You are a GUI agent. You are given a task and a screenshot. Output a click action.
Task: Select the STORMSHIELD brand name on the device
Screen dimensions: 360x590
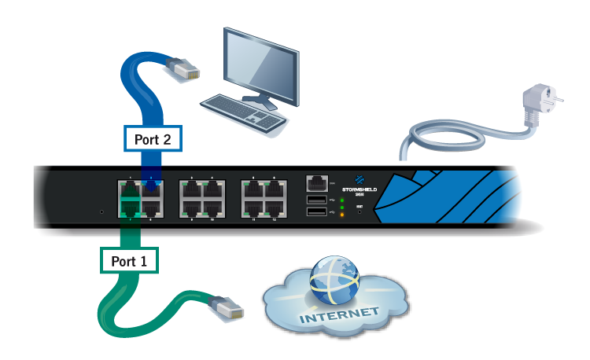(360, 189)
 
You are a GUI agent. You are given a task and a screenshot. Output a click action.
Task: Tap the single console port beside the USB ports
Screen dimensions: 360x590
(316, 183)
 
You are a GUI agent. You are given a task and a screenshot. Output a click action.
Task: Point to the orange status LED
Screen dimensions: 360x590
(343, 214)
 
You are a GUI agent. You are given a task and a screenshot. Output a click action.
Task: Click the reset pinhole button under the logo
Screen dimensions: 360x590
(360, 211)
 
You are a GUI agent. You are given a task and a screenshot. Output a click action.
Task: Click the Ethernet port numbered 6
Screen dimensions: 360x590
(275, 189)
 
